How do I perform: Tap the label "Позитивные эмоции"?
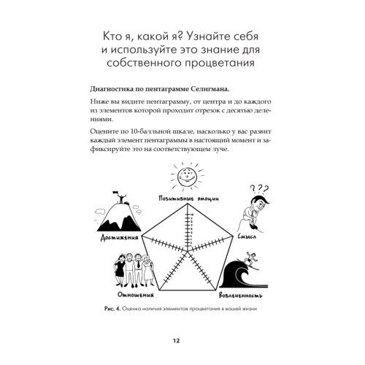(182, 199)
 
